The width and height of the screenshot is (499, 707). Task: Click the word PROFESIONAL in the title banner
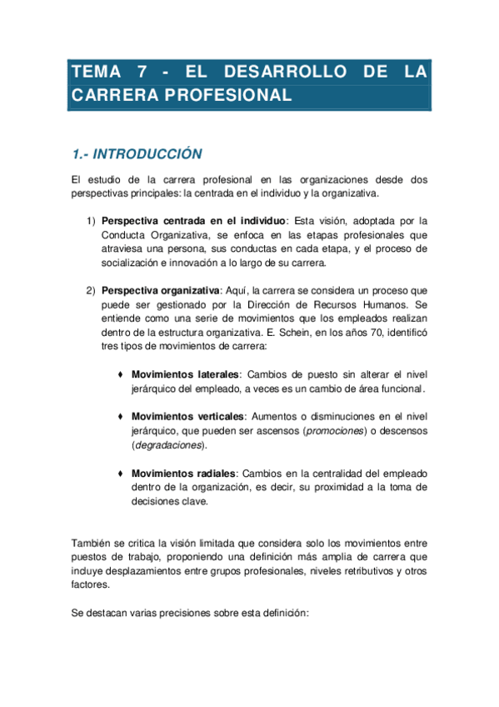click(222, 95)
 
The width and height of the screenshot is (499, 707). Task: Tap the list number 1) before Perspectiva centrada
click(91, 220)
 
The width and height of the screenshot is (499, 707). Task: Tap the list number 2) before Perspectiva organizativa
click(91, 289)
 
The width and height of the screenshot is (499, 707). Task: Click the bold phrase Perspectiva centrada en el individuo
click(193, 220)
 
